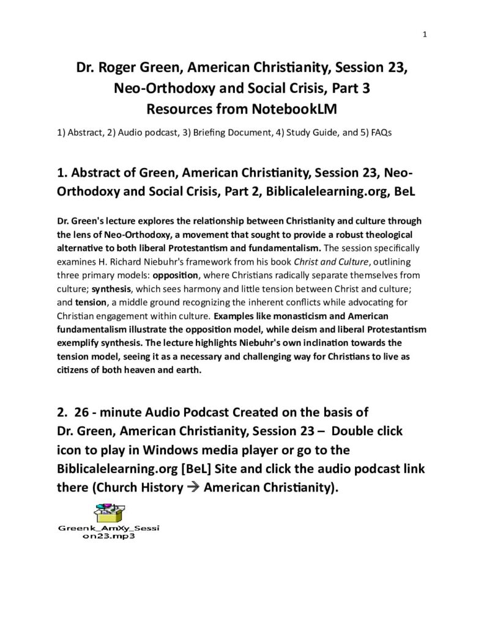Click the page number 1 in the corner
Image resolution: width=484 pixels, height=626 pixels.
tap(425, 34)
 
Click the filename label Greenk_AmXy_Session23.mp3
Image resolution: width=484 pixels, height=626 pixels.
tap(108, 532)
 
